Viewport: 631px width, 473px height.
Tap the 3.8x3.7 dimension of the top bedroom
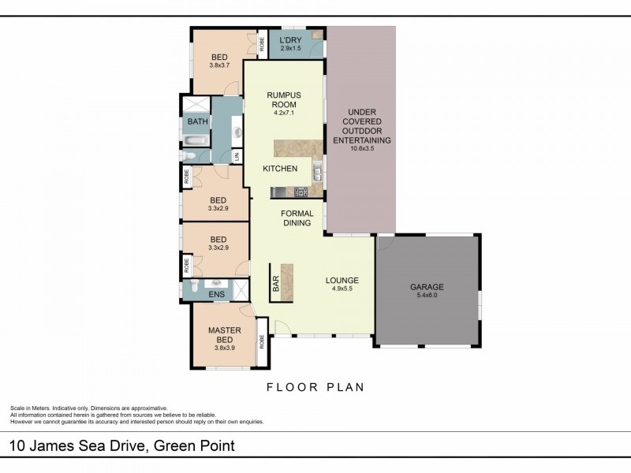pos(218,65)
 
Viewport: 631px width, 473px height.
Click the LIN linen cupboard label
pos(237,156)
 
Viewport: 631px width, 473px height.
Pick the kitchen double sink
pos(316,171)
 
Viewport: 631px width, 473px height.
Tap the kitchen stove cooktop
pos(300,192)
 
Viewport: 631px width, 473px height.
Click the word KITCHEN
pos(280,169)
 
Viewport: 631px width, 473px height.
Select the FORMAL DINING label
pos(297,218)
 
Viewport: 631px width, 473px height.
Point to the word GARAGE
pos(427,287)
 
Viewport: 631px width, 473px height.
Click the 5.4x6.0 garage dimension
pos(427,296)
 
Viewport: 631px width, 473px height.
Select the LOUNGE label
pos(342,281)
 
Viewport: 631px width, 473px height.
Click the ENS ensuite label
pos(216,296)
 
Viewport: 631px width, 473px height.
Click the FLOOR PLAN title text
pos(315,387)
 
